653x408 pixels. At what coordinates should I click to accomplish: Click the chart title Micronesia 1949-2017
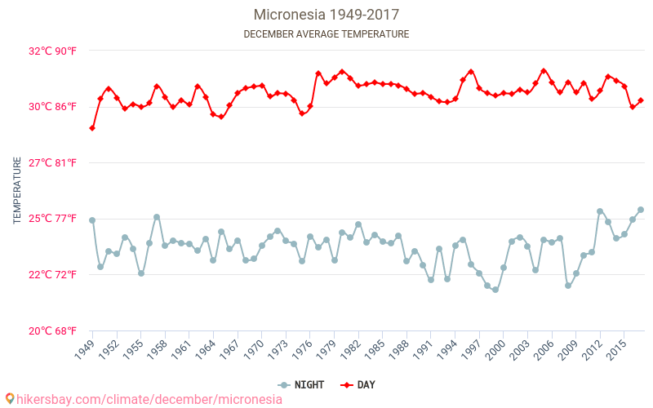click(326, 15)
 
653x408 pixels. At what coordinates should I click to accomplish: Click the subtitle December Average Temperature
click(326, 34)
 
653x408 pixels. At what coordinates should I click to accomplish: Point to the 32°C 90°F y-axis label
click(52, 51)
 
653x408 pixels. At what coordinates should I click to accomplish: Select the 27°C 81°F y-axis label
click(52, 163)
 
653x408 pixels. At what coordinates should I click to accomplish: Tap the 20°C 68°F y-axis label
click(52, 330)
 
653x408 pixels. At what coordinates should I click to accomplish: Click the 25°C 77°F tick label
click(52, 219)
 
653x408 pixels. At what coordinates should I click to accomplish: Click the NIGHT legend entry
click(302, 385)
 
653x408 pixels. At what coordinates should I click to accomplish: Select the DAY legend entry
click(358, 385)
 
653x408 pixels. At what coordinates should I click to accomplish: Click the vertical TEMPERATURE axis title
click(17, 191)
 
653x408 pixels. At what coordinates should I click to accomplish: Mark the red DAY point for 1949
click(92, 128)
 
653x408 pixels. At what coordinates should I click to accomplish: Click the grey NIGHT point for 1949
click(92, 220)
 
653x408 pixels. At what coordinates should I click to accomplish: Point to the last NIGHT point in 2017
click(641, 210)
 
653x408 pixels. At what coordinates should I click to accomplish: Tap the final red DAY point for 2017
click(641, 100)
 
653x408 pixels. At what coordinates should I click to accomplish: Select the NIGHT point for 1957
click(157, 217)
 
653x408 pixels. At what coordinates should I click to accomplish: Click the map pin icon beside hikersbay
click(9, 399)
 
